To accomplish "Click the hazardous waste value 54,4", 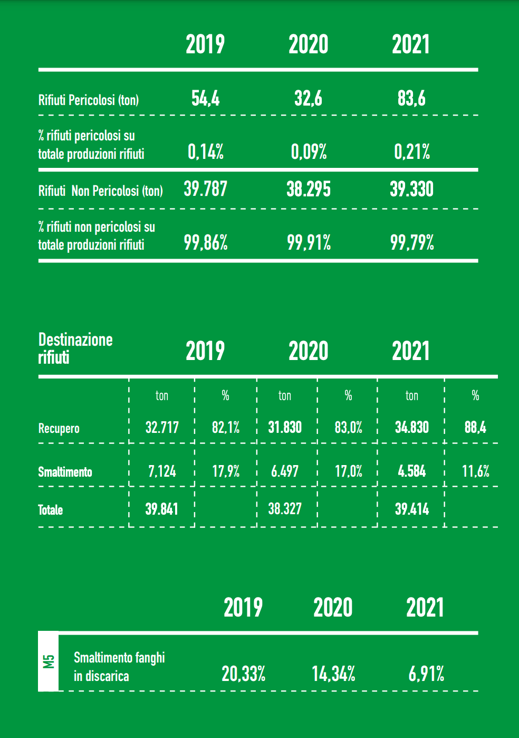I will [205, 98].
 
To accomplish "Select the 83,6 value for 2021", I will [411, 98].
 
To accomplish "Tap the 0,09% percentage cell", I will [309, 152].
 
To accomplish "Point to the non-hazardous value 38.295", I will [309, 189].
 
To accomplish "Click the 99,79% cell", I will [412, 243].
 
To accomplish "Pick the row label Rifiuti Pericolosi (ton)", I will [89, 100].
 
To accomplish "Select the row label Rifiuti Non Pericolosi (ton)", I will [100, 191].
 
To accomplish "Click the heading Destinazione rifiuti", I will [75, 348].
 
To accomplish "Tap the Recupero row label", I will [59, 428].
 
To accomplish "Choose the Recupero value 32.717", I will [162, 427].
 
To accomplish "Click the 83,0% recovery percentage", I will [348, 427].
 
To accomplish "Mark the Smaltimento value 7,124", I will [162, 471].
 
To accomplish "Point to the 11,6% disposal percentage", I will [475, 471].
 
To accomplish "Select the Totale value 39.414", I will [412, 509].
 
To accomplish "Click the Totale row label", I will [50, 510].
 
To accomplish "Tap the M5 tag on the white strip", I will [49, 661].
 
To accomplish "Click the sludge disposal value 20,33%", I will [243, 674].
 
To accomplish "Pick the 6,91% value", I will [426, 674].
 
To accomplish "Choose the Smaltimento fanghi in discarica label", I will [119, 667].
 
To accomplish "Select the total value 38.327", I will [285, 509].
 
